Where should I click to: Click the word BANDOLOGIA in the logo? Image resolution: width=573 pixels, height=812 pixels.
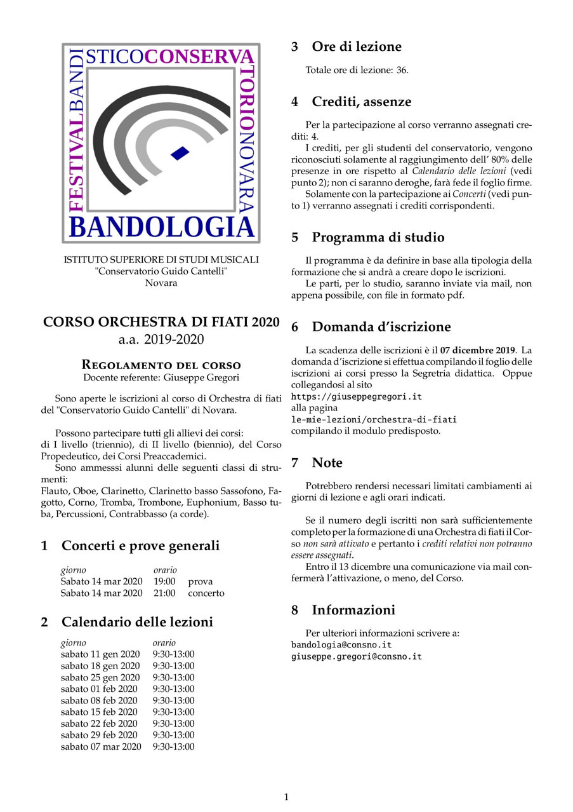coord(161,227)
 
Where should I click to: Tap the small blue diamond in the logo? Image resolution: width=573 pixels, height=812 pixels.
coord(180,152)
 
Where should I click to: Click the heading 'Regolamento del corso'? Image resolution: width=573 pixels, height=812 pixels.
coord(161,365)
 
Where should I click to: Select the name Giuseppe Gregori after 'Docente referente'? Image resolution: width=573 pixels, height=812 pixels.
coord(201,377)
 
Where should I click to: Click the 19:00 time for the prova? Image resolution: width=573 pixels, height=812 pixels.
coord(164,581)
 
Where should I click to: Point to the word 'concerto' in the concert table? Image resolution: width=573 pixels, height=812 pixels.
coord(206,593)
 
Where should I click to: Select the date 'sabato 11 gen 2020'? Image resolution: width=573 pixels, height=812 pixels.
coord(100,654)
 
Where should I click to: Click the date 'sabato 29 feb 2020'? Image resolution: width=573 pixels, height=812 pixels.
coord(100,735)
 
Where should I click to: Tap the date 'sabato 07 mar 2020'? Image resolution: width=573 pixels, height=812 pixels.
coord(101,747)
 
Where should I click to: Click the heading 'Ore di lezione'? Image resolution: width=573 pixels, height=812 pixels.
coord(356,47)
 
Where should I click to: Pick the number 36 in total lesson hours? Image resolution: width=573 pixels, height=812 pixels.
coord(402,70)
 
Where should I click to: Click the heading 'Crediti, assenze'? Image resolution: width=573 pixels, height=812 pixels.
coord(361,102)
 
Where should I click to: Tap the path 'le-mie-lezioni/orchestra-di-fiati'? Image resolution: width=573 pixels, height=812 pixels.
coord(374,419)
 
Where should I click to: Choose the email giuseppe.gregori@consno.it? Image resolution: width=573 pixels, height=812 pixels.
coord(357,656)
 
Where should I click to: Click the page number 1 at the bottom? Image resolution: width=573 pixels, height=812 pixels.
coord(286,797)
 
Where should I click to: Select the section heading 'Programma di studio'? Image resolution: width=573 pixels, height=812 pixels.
coord(378,238)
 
